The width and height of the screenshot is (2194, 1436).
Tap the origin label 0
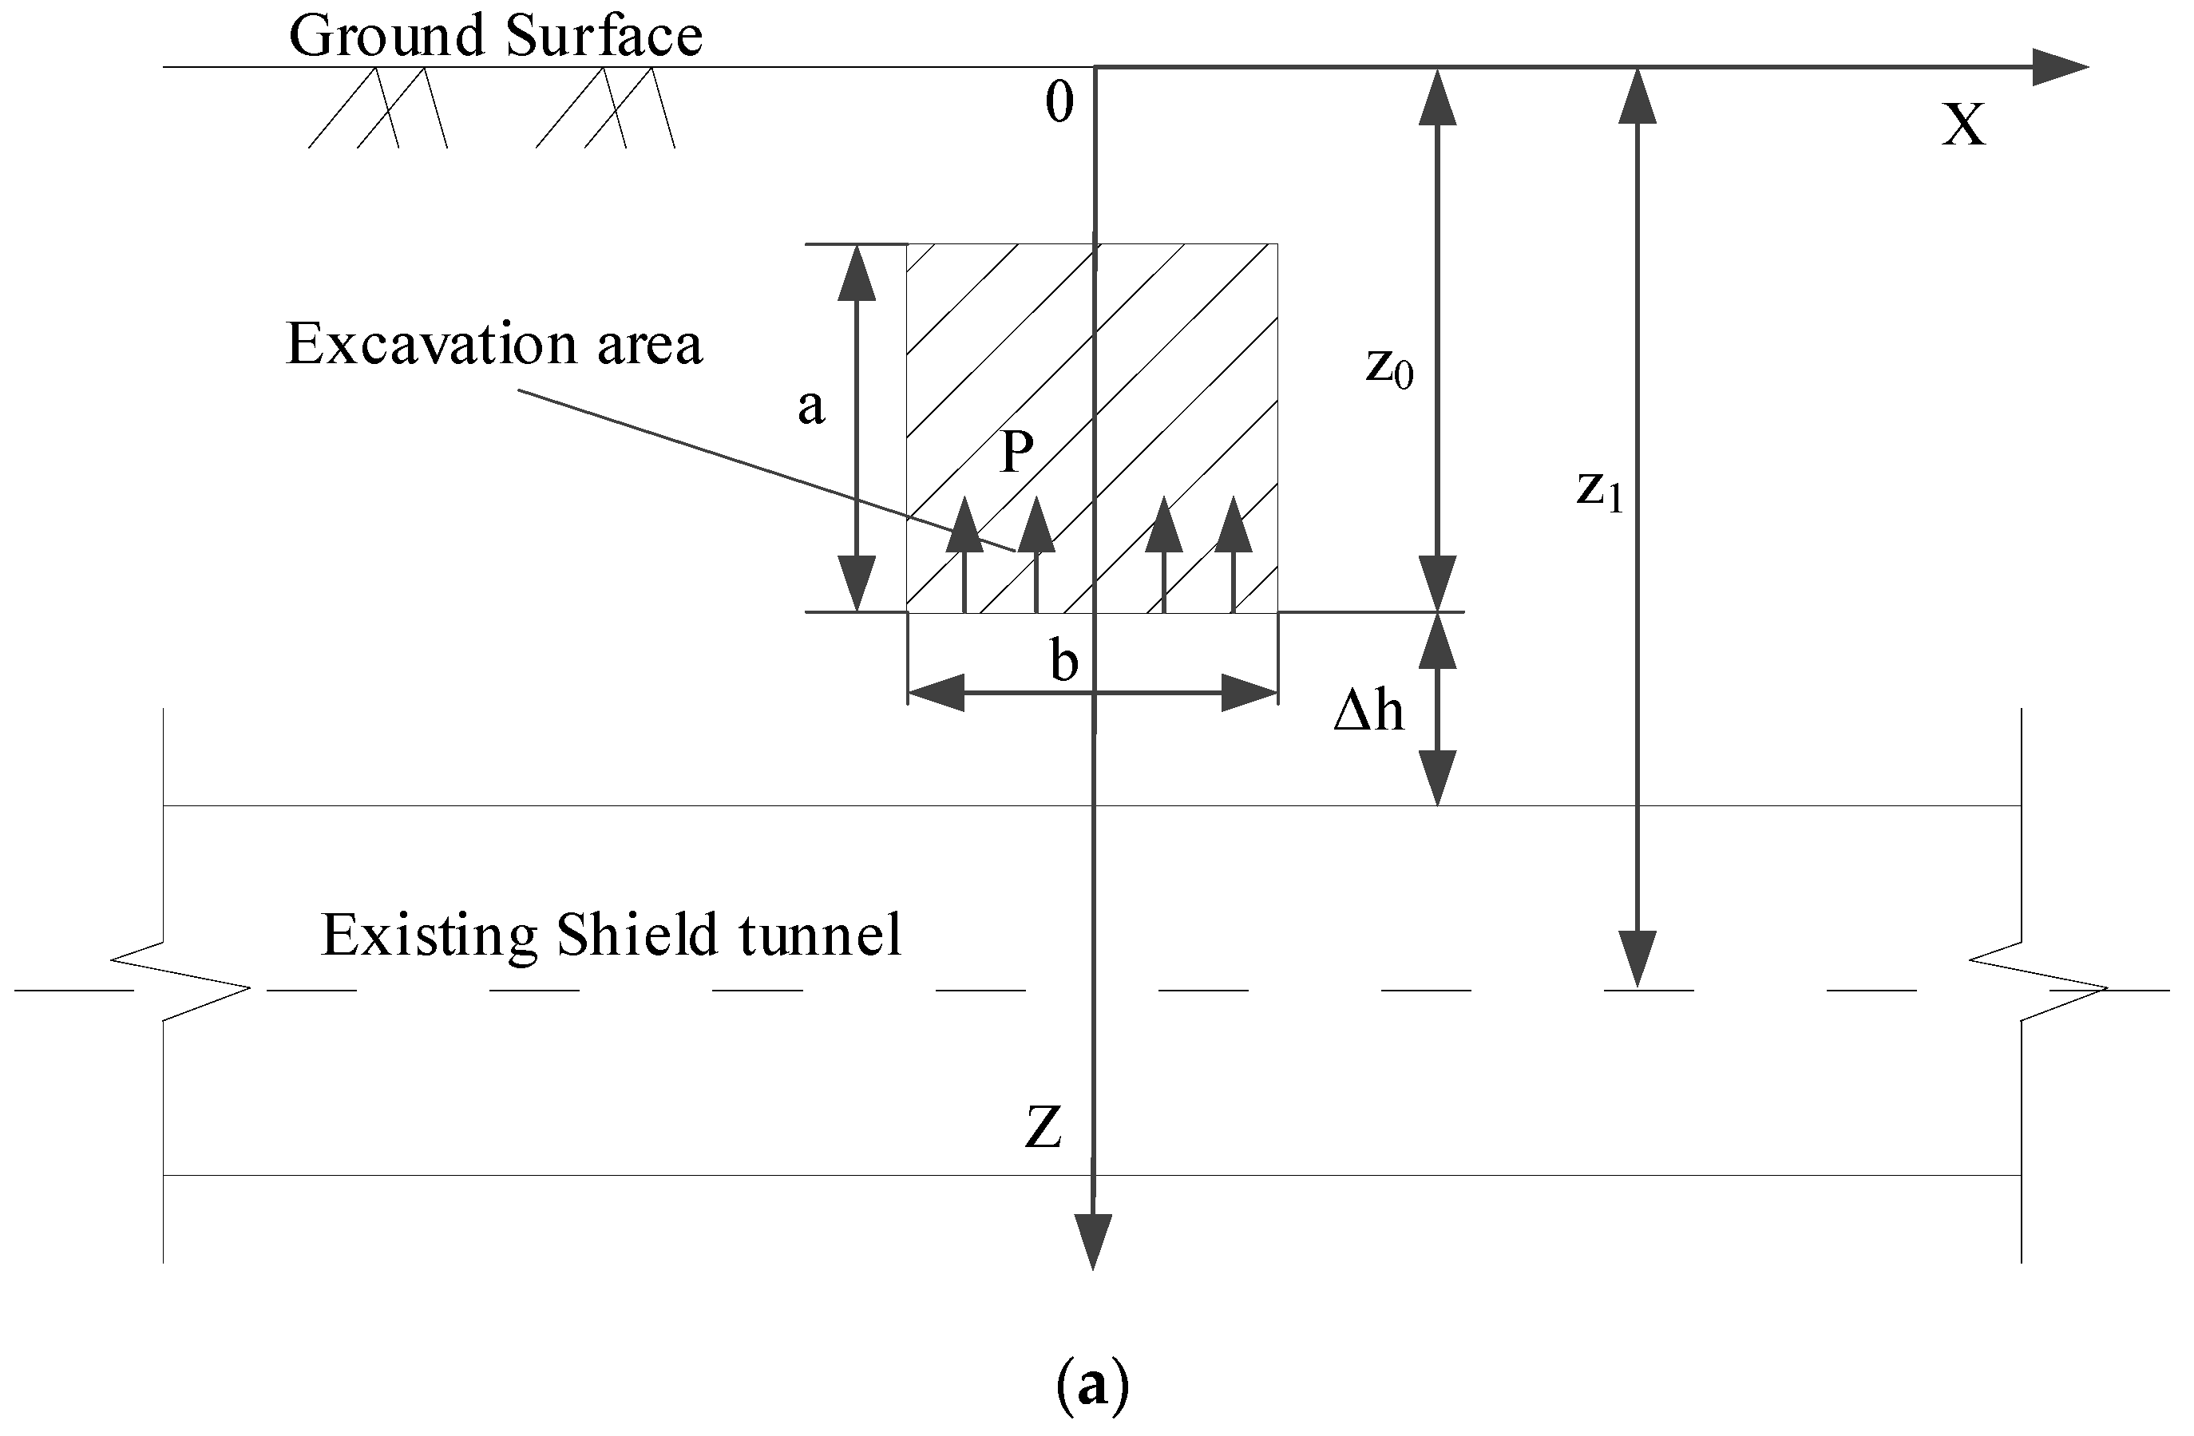[x=1059, y=101]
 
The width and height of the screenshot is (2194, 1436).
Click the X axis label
[x=1962, y=125]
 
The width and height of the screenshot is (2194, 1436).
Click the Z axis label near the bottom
[x=1043, y=1126]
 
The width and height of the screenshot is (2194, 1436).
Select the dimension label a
[x=810, y=405]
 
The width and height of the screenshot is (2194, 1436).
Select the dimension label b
[x=1063, y=662]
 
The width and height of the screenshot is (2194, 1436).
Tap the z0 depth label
[x=1389, y=367]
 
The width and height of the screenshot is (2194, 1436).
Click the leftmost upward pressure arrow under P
[x=964, y=553]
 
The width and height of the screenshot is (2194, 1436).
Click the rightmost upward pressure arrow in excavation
[x=1234, y=553]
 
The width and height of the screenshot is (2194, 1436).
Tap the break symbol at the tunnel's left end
[x=180, y=983]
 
